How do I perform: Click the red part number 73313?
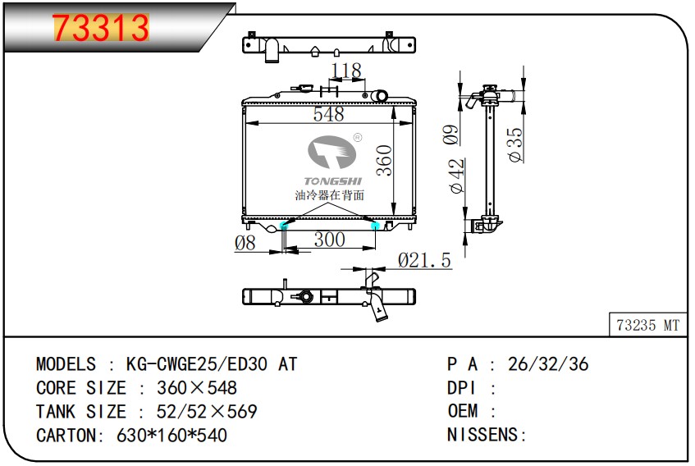[101, 27]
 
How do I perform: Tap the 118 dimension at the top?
[346, 71]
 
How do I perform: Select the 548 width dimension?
[328, 114]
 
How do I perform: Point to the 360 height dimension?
[384, 160]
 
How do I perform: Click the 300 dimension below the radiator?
[329, 240]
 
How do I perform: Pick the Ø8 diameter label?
[245, 243]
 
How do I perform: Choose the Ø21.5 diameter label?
[424, 260]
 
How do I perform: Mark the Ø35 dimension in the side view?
[515, 145]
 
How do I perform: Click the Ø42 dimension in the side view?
[456, 176]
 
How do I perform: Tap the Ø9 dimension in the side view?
[450, 135]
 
